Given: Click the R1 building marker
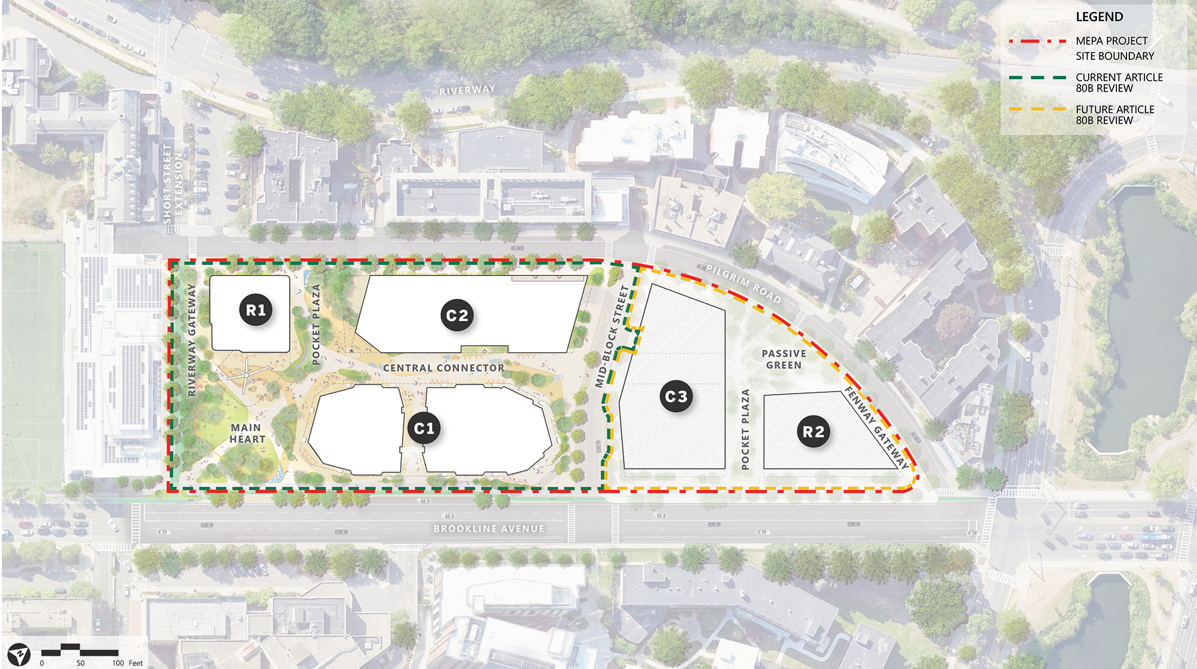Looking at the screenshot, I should coord(256,310).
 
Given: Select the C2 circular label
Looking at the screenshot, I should coord(457,316).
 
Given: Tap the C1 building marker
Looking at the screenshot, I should coord(424,428).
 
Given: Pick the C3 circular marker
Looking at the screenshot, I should coord(676,396).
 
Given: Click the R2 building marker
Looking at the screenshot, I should coord(813,432).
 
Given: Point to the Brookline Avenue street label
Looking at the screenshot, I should coord(489,529).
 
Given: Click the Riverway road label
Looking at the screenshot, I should coord(467,90).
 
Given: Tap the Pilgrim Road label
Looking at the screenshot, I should coord(743,283).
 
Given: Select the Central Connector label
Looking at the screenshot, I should coord(443,368).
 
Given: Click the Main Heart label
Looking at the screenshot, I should coord(247,433).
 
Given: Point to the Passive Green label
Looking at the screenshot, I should coord(784,359).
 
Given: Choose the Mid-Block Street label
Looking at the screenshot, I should coord(612,337).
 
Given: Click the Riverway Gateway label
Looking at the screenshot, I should coord(192,340).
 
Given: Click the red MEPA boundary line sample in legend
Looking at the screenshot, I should coord(1037,41).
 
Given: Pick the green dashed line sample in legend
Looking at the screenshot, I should coord(1037,77).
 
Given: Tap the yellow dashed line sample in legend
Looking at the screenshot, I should coord(1037,110).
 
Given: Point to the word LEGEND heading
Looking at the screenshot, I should coord(1099,17).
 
